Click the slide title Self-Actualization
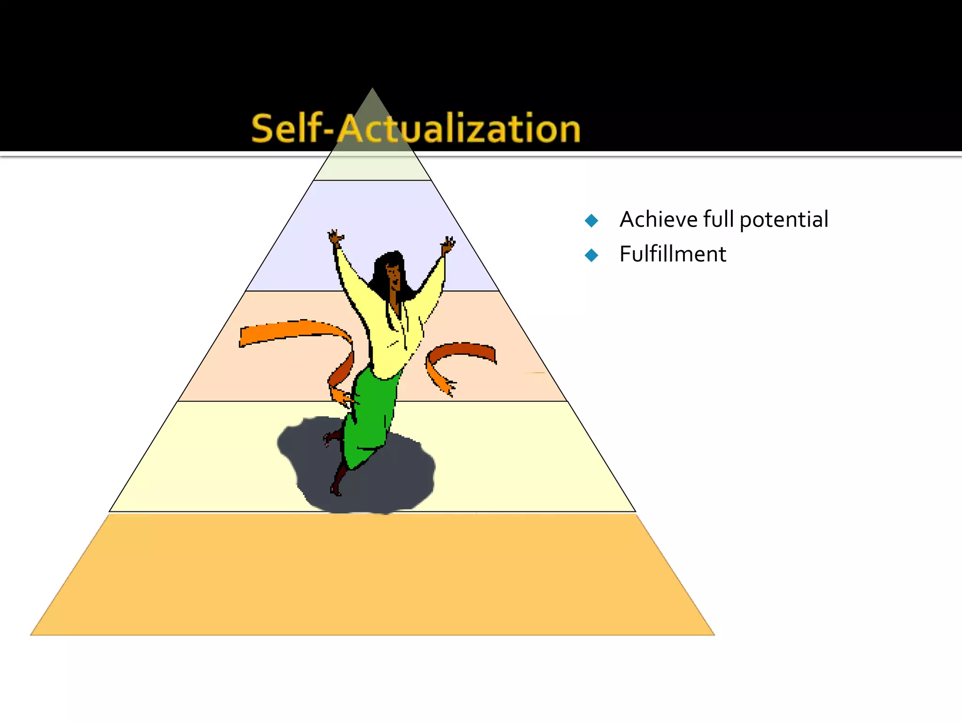(x=416, y=128)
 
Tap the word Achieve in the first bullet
(x=659, y=220)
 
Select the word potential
(x=784, y=220)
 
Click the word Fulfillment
(x=673, y=254)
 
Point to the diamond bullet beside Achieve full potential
(x=591, y=220)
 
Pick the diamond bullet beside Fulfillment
(x=591, y=255)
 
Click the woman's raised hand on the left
(x=335, y=237)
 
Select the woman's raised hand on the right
(x=448, y=245)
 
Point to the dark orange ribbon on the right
(x=463, y=352)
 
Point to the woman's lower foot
(x=335, y=491)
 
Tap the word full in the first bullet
(x=718, y=220)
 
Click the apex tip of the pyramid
(x=372, y=90)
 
